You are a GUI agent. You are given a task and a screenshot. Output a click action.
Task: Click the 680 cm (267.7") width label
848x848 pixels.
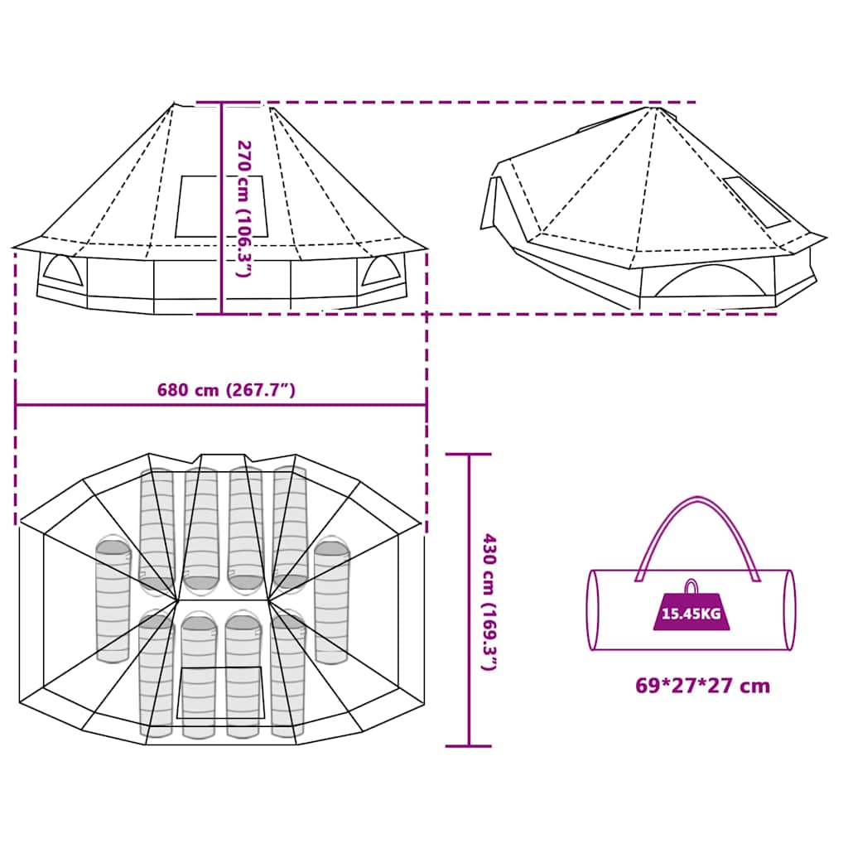(226, 391)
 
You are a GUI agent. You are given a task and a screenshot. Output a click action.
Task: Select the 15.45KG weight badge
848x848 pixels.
(690, 614)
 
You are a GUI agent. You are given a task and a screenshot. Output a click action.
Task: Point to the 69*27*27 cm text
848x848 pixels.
(702, 686)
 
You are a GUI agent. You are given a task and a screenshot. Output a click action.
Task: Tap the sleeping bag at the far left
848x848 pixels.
(113, 600)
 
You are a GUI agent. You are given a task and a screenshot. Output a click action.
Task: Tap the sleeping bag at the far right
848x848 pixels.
(330, 600)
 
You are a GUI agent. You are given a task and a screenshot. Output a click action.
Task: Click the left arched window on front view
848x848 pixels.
(63, 271)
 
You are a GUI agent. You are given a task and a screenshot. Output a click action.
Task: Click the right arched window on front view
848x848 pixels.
(380, 270)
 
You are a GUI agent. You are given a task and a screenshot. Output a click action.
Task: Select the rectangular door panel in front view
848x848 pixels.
(222, 206)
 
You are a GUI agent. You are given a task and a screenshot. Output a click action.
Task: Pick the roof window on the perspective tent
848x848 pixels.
(757, 201)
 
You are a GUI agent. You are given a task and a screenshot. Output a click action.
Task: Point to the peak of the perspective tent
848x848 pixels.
(657, 108)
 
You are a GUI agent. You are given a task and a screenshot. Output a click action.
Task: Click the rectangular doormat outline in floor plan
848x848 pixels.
(220, 692)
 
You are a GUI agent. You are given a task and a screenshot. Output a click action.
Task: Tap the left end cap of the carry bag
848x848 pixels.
(593, 609)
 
